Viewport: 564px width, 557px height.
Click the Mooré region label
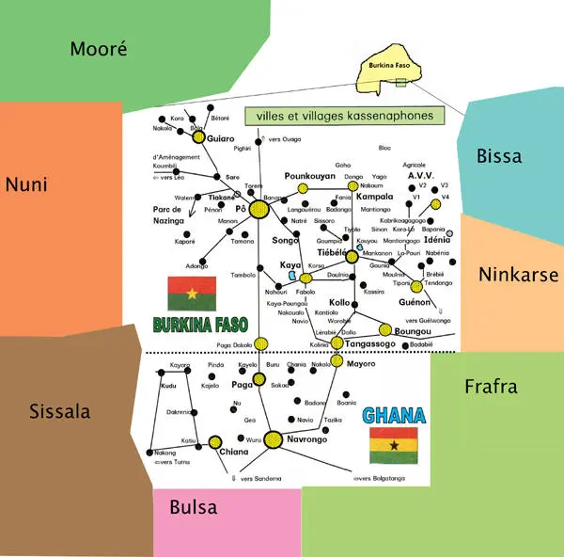98,49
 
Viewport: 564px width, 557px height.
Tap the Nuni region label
26,184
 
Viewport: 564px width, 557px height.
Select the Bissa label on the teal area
499,155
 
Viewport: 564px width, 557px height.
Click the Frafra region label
491,386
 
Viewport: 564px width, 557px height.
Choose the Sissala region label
59,411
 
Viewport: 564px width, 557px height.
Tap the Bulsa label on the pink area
193,507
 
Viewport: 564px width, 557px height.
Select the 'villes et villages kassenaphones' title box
343,116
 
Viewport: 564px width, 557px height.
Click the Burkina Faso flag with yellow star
193,294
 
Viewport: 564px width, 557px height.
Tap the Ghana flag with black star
394,445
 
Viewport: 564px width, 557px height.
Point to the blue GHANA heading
394,415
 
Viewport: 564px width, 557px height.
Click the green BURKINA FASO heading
199,325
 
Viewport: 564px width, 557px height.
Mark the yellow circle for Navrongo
273,438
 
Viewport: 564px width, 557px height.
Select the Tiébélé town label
332,252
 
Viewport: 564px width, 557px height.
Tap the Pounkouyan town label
310,176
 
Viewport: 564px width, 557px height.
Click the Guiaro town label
220,138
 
